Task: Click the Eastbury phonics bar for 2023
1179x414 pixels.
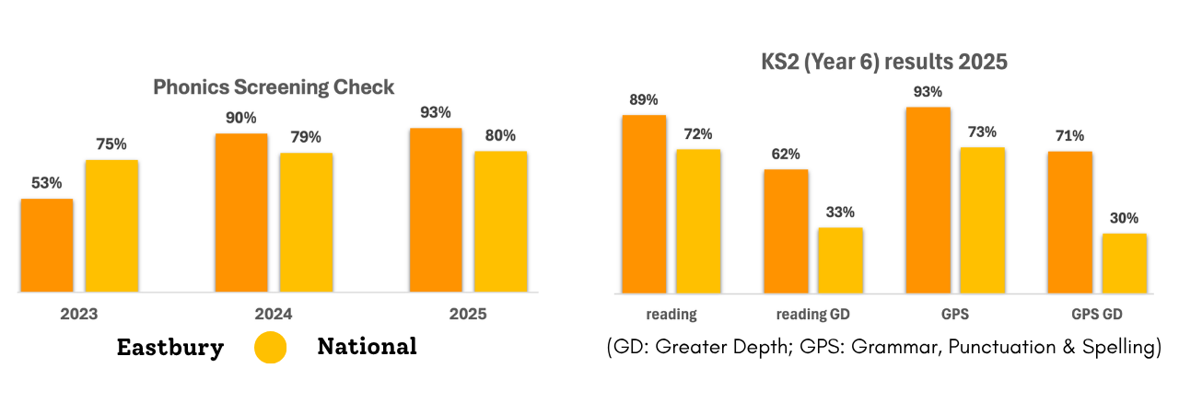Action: (x=47, y=246)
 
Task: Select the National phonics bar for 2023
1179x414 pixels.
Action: (x=111, y=226)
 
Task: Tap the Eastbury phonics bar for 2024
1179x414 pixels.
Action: (x=241, y=213)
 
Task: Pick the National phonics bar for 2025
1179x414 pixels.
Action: (x=500, y=222)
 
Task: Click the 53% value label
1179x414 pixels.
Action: (x=47, y=183)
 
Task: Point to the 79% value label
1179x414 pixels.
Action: (x=306, y=137)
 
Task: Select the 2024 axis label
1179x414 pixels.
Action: (x=274, y=314)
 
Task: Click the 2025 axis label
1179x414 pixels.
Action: (x=468, y=314)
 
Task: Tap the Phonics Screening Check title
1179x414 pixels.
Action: (x=274, y=87)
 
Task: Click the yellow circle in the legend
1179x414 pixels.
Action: (x=270, y=347)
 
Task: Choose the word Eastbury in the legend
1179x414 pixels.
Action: (x=169, y=347)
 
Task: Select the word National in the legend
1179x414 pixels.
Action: (x=367, y=347)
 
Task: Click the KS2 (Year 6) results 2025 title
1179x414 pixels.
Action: (x=884, y=63)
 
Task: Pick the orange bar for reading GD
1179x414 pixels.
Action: (x=786, y=231)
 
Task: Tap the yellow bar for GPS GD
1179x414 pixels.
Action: (x=1125, y=263)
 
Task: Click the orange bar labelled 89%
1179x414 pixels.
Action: (x=644, y=204)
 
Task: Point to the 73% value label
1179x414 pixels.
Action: (x=982, y=132)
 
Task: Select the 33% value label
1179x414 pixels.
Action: (x=840, y=212)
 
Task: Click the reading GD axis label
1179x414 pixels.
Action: (x=812, y=314)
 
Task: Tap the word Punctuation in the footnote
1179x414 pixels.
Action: (x=995, y=349)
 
